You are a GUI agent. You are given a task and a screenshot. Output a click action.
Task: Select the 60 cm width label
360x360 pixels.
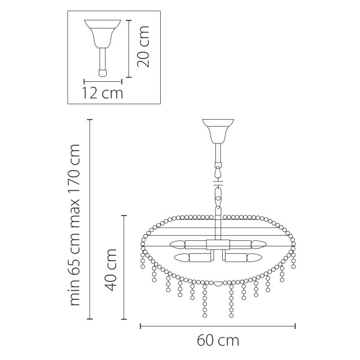218,341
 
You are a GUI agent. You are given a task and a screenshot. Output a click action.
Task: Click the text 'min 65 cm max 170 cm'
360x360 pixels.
76,225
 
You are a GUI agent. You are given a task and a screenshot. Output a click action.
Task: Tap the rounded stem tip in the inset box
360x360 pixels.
103,73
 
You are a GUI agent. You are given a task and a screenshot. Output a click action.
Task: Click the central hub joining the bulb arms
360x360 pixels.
217,250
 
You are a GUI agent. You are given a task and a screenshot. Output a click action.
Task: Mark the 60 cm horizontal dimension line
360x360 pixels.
217,325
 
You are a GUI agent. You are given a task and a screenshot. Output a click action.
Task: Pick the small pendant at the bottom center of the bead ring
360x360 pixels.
217,284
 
